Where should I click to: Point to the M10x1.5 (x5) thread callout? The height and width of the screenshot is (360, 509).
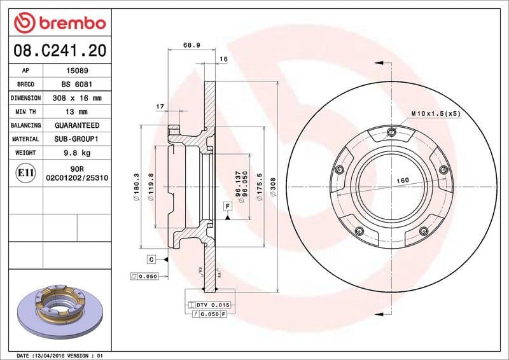coord(435,113)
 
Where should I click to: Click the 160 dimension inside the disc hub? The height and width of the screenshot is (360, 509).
coord(403,181)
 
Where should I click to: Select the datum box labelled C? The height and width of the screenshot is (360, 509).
coord(151,259)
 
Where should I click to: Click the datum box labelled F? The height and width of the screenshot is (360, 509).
coord(226,206)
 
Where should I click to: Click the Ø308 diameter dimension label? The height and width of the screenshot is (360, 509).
coord(272,186)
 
